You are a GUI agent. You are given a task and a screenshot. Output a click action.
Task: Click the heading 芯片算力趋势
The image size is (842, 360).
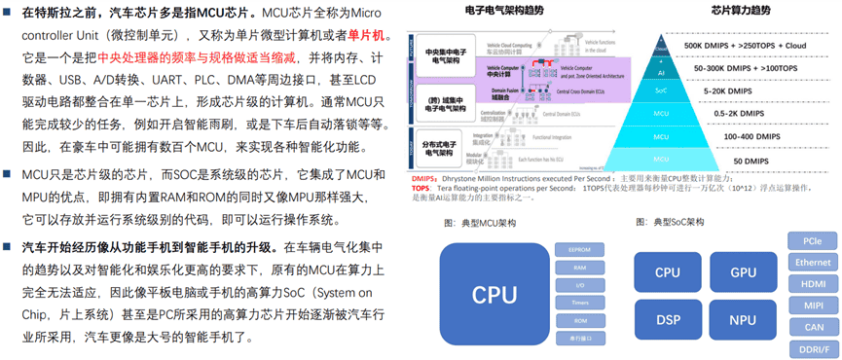pyautogui.click(x=720, y=11)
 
